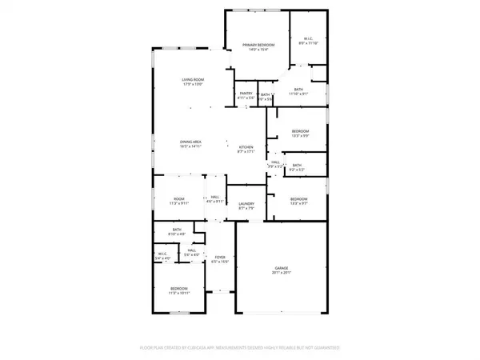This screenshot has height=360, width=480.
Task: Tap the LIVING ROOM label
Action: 192,80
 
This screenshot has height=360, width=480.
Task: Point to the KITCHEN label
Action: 246,147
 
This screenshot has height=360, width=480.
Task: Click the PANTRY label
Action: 246,94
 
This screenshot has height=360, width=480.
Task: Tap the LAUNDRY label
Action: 246,204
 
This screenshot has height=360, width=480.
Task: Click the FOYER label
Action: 219,258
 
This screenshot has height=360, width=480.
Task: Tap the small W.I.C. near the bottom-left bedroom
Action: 162,255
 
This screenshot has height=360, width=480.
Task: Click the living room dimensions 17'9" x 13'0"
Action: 192,84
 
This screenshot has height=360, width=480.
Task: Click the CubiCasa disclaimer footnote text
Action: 240,349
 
